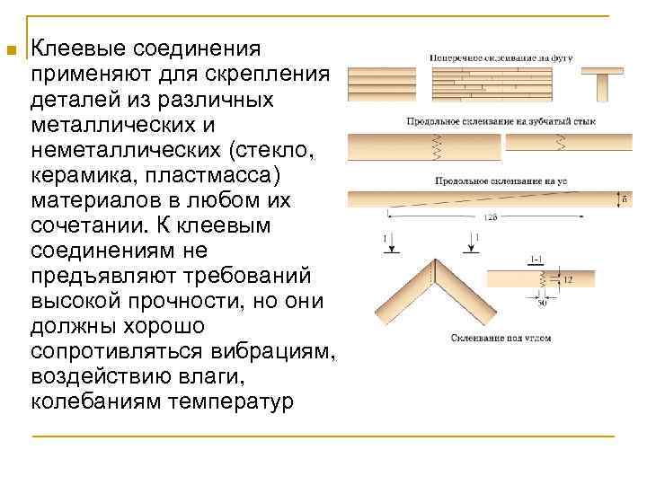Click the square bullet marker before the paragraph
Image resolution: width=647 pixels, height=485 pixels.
[x=12, y=50]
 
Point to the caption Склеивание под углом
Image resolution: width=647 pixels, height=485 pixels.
[x=501, y=339]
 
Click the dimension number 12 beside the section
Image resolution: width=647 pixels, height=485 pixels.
[x=570, y=281]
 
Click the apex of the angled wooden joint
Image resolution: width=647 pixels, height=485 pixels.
[x=436, y=262]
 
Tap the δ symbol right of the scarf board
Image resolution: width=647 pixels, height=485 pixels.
[x=625, y=198]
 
